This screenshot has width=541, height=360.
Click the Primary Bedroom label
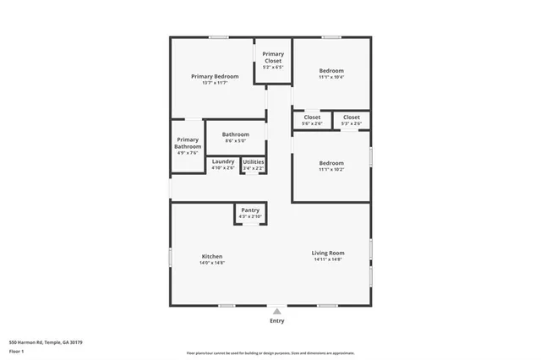[214, 76]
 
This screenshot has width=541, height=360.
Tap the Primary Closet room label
[273, 57]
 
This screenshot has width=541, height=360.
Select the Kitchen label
[212, 256]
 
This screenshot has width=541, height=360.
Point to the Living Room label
[328, 253]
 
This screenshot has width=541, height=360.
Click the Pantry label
[250, 210]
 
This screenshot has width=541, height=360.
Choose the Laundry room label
[223, 161]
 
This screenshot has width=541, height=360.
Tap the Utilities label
[254, 161]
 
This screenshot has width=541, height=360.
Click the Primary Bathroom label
[188, 143]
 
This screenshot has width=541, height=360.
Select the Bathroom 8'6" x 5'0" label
[236, 134]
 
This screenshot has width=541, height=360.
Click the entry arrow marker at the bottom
[276, 311]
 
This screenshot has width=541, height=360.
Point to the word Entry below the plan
[276, 321]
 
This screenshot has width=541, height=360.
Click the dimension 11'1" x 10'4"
[331, 77]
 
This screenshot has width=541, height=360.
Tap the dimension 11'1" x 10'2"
[331, 170]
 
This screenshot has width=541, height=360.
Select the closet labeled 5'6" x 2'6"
[313, 124]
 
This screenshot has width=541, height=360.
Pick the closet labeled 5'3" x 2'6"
[352, 124]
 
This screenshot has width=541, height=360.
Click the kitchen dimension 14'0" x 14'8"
[212, 263]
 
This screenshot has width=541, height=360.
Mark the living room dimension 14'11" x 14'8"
[328, 259]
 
